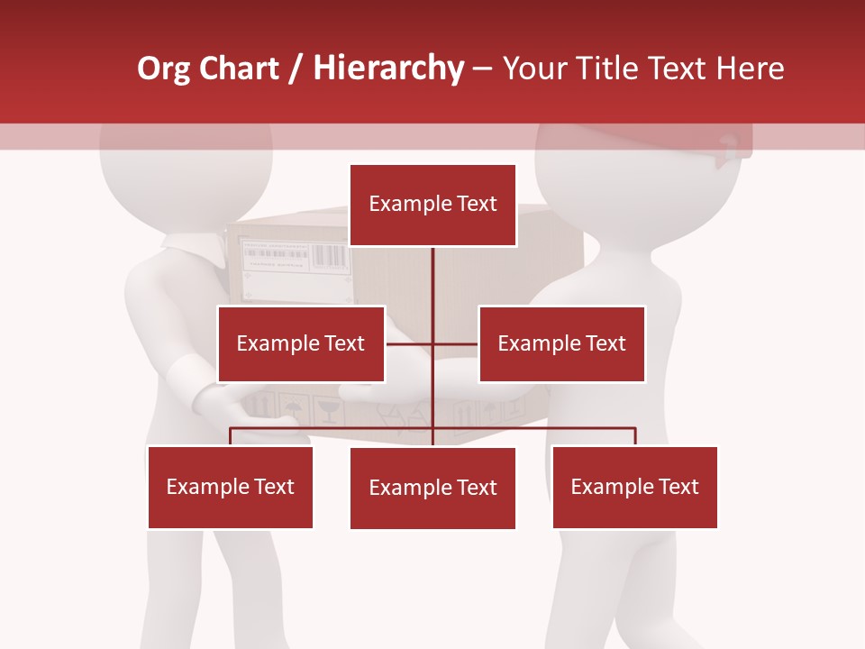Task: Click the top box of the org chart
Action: [432, 205]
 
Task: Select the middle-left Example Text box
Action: [301, 343]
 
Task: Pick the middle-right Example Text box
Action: [561, 343]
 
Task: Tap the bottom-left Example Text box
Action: [230, 487]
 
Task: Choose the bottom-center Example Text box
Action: [432, 488]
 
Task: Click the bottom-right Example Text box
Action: [634, 487]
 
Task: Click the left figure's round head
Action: [185, 171]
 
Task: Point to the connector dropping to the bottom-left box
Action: [231, 436]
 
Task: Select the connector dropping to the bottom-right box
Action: [635, 436]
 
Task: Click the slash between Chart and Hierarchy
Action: [296, 69]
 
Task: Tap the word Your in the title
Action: [537, 69]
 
